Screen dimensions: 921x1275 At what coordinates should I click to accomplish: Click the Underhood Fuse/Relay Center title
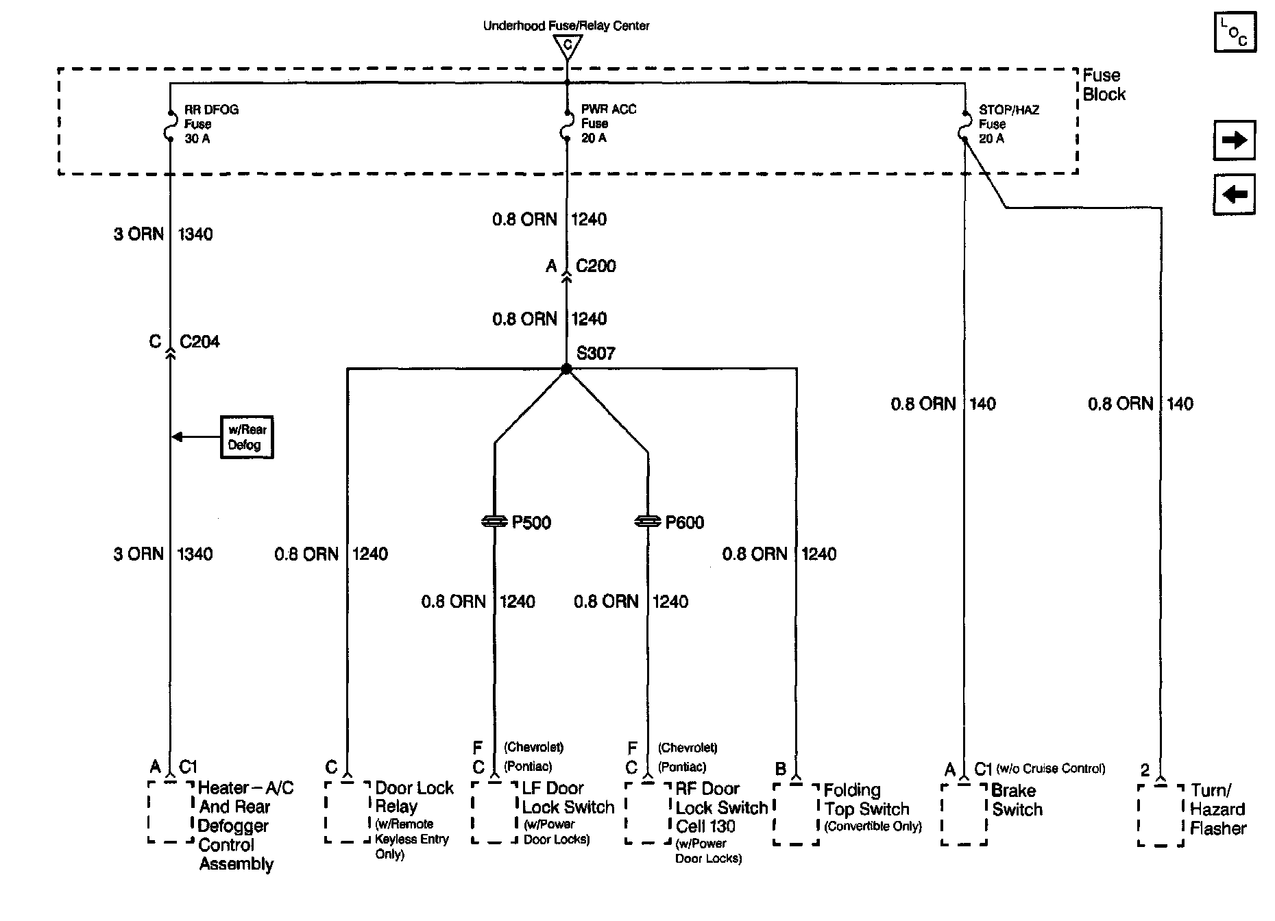(x=566, y=26)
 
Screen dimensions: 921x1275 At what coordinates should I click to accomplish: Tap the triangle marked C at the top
(x=567, y=46)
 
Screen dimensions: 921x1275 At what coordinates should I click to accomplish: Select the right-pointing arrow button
(x=1234, y=140)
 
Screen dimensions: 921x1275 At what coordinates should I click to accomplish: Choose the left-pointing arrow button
(x=1234, y=195)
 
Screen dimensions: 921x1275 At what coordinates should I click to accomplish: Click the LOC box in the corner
(x=1235, y=32)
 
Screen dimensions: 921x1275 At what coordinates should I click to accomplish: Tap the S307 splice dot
(x=566, y=369)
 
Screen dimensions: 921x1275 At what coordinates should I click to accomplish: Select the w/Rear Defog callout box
(x=247, y=437)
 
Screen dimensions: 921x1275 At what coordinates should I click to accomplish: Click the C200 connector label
(x=596, y=266)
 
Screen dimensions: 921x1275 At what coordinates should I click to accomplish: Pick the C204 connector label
(x=199, y=342)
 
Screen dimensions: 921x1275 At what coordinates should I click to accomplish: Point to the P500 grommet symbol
(x=495, y=522)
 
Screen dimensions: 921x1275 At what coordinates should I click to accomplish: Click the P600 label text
(x=684, y=523)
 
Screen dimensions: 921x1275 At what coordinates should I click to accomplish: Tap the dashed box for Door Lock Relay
(x=348, y=812)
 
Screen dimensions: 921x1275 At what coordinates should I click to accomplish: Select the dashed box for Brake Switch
(x=964, y=814)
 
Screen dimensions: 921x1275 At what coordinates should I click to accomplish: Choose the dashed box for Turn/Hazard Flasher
(x=1161, y=815)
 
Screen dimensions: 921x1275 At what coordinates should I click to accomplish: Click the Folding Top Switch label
(x=866, y=800)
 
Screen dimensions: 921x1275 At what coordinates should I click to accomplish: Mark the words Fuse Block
(x=1104, y=85)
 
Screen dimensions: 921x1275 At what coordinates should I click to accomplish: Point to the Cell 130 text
(x=705, y=826)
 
